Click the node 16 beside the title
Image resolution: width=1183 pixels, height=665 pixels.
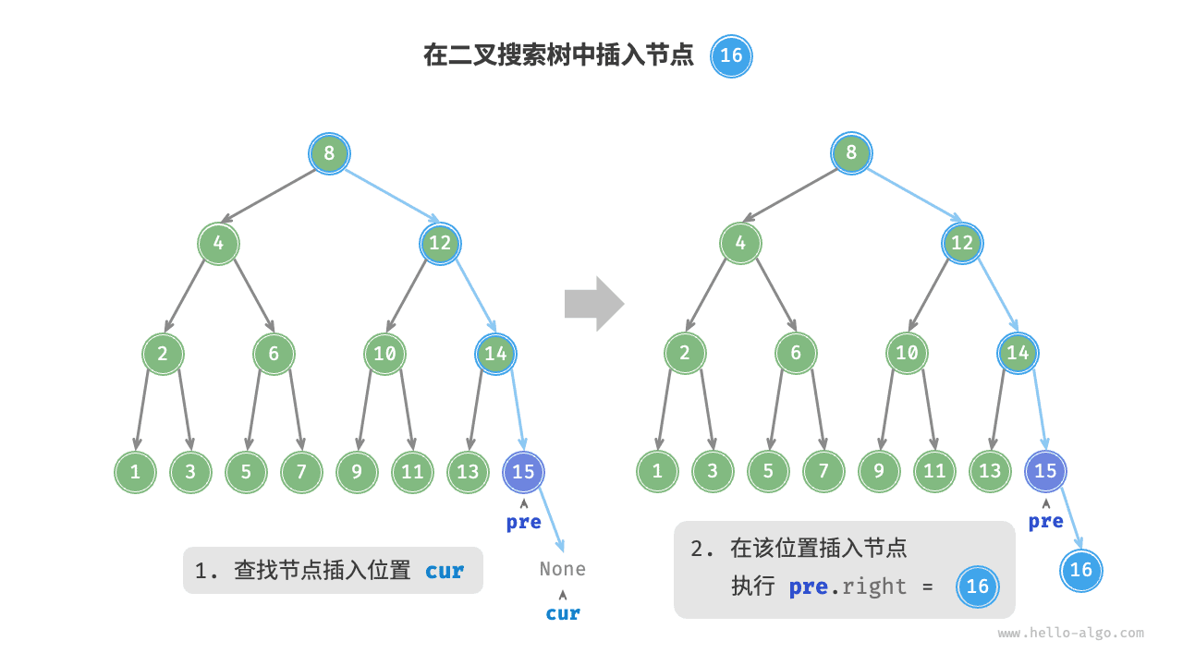tap(731, 55)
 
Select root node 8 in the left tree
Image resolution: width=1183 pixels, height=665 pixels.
tap(329, 152)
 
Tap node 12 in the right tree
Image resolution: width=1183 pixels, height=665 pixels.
tap(962, 244)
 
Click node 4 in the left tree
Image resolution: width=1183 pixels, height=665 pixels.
tap(218, 244)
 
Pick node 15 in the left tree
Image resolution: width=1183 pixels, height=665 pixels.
tap(523, 472)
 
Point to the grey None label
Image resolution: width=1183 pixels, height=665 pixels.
tap(562, 569)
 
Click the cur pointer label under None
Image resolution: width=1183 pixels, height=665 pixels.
tap(562, 613)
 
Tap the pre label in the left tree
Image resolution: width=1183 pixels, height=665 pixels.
tap(523, 522)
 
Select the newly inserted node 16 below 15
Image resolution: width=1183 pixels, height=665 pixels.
tap(1081, 570)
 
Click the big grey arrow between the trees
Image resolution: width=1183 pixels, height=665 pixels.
tap(593, 303)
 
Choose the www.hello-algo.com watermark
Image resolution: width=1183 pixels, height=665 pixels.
tap(1070, 634)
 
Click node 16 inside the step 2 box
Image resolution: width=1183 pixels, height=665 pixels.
tap(977, 586)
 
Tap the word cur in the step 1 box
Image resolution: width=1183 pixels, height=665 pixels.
tap(445, 571)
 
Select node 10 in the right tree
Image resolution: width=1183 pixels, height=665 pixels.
tap(907, 353)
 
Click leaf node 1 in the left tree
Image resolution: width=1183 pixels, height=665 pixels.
tap(135, 472)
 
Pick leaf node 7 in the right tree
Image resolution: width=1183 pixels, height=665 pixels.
tap(823, 472)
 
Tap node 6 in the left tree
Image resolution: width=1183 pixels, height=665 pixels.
tap(274, 353)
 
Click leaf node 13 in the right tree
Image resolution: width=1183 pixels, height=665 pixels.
tap(990, 472)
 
